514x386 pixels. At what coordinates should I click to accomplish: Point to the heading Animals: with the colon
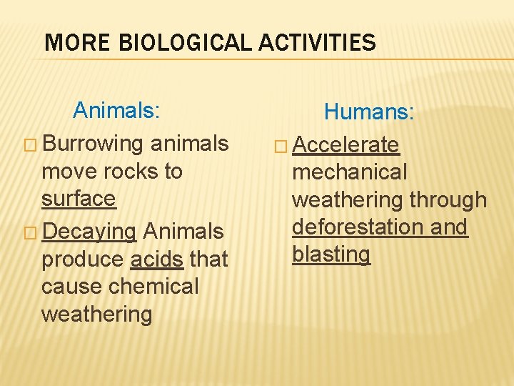click(x=116, y=110)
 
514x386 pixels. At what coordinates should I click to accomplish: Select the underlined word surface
click(x=79, y=198)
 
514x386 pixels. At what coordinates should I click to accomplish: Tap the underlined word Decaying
click(x=89, y=232)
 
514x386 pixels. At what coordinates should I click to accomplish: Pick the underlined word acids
click(x=157, y=259)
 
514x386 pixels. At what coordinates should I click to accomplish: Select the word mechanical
click(x=350, y=172)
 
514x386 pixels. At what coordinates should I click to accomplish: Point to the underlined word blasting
click(x=331, y=254)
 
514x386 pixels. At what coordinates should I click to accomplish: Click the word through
click(x=448, y=200)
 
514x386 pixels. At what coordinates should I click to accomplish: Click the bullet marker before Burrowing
click(x=31, y=144)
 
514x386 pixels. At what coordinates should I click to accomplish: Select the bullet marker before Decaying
click(x=31, y=232)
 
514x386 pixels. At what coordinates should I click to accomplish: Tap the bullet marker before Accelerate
click(x=281, y=146)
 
